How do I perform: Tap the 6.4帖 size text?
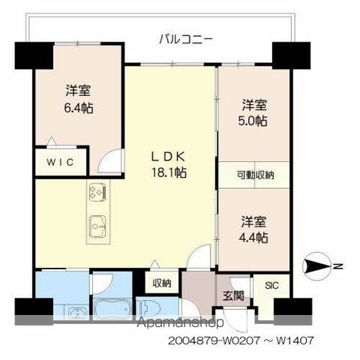pos(79,106)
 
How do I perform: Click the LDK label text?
pos(169,157)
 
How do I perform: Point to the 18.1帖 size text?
pos(169,172)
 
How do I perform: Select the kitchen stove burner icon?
pos(99,193)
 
